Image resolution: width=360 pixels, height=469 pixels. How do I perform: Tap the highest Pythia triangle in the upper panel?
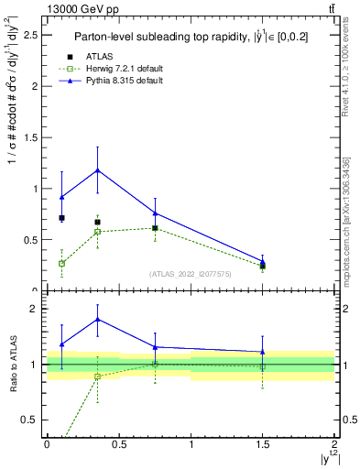pos(97,170)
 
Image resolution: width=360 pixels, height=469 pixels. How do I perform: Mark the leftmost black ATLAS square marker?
pos(61,218)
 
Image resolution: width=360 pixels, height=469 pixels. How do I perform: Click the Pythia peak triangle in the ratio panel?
pos(97,319)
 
